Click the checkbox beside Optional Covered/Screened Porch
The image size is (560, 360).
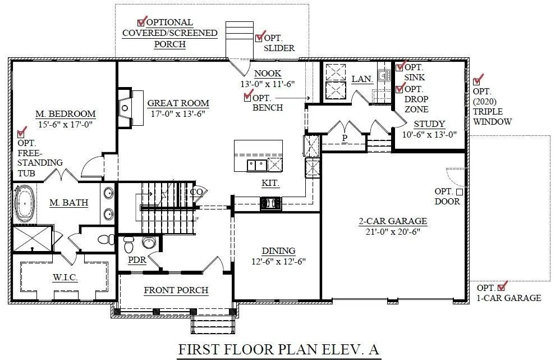pos(141,22)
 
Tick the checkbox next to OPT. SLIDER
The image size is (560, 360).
pos(259,38)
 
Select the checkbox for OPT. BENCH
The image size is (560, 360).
pos(247,97)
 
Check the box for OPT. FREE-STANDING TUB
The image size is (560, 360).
pos(21,134)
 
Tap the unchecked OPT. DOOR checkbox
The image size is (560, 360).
pos(460,192)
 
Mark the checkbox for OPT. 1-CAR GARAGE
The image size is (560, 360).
pos(502,287)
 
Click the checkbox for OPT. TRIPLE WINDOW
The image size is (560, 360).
pos(476,81)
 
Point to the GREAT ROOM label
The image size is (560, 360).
pos(178,103)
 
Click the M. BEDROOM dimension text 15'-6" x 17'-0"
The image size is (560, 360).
pos(66,125)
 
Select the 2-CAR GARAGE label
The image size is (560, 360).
pos(393,221)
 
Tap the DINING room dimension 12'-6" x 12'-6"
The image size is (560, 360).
pos(278,261)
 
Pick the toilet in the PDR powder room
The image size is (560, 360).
pos(128,244)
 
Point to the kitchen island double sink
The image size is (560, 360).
pos(256,166)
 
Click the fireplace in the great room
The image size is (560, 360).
pos(125,108)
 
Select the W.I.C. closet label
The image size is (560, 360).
pos(65,278)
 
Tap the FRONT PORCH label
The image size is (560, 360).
pos(176,290)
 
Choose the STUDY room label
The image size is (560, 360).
pos(429,124)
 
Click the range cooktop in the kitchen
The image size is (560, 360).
pos(270,203)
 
